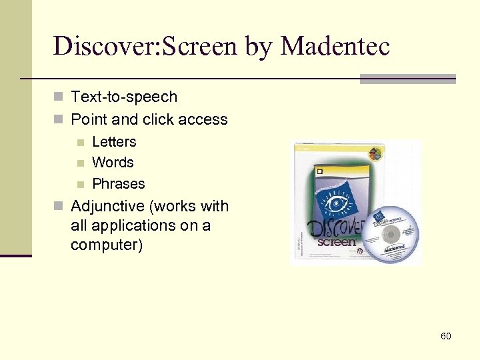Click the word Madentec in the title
click(335, 46)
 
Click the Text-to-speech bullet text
click(124, 97)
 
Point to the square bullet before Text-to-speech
click(59, 97)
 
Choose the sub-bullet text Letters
click(114, 142)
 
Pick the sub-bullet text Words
click(113, 163)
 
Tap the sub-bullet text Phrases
click(118, 184)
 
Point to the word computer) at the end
click(106, 245)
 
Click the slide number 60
click(445, 336)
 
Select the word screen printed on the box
click(337, 240)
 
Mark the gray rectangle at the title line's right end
click(407, 79)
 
